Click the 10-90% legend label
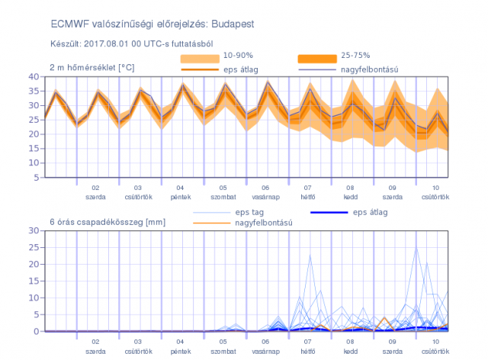tap(238, 55)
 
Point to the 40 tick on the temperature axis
tap(34, 76)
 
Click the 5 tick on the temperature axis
tap(37, 177)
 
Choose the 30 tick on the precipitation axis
tap(34, 230)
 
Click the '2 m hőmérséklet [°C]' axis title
tap(92, 68)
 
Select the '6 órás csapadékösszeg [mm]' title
tap(108, 222)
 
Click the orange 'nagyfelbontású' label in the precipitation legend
tap(264, 223)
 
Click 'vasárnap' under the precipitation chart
tap(265, 352)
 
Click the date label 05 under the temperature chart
tap(223, 188)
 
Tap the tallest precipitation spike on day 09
tap(416, 248)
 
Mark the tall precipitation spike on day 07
tap(310, 256)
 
